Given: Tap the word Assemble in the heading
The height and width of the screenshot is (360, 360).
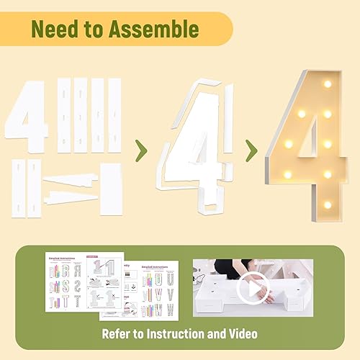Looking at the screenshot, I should tap(157, 30).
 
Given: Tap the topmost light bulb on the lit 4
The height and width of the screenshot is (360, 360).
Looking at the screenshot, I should tap(328, 84).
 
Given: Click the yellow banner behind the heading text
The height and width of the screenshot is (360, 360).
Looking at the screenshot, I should tap(216, 30).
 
